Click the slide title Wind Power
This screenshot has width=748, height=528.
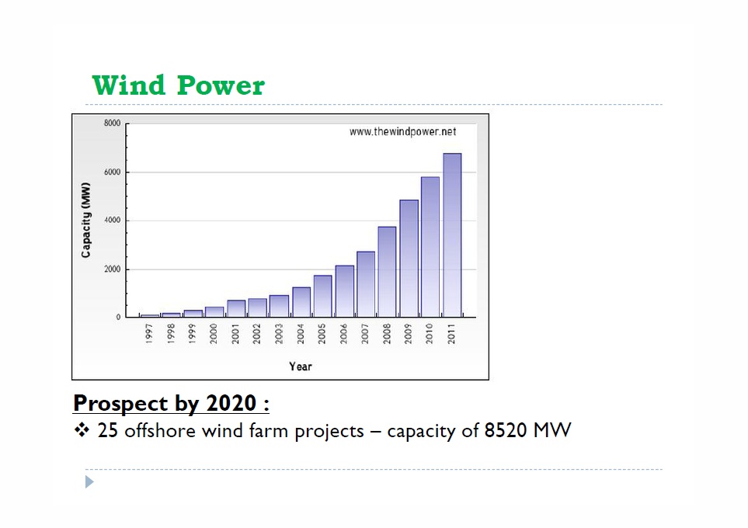[x=178, y=85]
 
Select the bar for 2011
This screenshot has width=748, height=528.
[x=452, y=235]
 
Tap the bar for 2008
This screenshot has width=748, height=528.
[x=387, y=272]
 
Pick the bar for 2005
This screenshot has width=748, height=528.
[x=322, y=296]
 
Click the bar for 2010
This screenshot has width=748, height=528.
[x=430, y=247]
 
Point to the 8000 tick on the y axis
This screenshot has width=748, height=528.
[x=112, y=123]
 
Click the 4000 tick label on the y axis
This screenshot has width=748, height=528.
[x=112, y=221]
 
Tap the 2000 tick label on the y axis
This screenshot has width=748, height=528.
[x=112, y=269]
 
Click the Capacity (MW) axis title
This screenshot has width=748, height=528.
[x=86, y=220]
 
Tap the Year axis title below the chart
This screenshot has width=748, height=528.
[x=301, y=366]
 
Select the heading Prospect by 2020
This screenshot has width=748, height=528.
[x=171, y=404]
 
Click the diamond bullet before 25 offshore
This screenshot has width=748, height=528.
[x=82, y=430]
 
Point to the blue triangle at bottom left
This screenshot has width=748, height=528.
[x=89, y=482]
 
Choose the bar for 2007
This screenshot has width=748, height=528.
[x=366, y=284]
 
